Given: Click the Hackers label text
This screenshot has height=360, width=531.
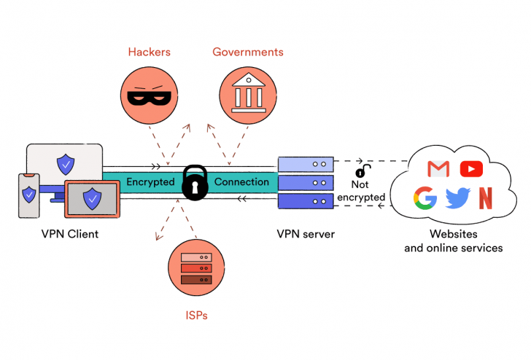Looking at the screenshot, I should pyautogui.click(x=149, y=52).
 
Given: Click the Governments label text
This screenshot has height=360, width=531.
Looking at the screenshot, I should pyautogui.click(x=247, y=52).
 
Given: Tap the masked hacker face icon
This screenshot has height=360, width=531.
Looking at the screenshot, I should pyautogui.click(x=149, y=95).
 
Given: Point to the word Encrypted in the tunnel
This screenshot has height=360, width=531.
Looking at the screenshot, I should pyautogui.click(x=150, y=181).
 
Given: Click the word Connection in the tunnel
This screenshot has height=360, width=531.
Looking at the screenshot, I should pyautogui.click(x=241, y=181).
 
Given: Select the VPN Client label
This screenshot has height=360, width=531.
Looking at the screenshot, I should pyautogui.click(x=70, y=235).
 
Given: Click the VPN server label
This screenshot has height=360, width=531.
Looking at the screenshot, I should pyautogui.click(x=306, y=235).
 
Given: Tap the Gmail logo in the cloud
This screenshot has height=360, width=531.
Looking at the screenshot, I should pyautogui.click(x=438, y=169).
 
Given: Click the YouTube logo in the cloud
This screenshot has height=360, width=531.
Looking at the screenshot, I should pyautogui.click(x=472, y=169).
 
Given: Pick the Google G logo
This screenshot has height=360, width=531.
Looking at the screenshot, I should pyautogui.click(x=425, y=198).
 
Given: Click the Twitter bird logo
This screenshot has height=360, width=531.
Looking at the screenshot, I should pyautogui.click(x=457, y=198).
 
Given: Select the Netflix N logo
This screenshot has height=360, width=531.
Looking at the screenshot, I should pyautogui.click(x=485, y=198).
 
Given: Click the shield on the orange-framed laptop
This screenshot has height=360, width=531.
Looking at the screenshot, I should pyautogui.click(x=92, y=197).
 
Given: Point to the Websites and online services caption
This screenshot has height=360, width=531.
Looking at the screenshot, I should pyautogui.click(x=453, y=241).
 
